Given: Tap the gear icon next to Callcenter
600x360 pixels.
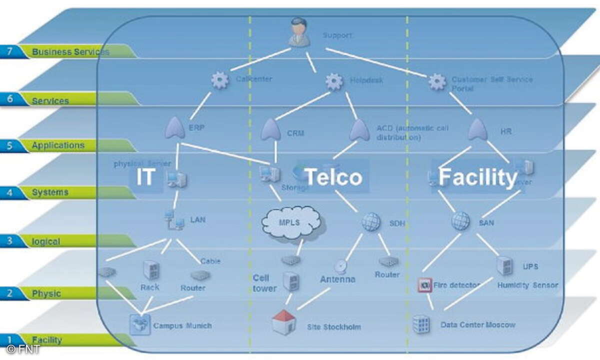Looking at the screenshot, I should (x=220, y=80).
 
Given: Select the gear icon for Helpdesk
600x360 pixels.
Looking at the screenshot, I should (x=334, y=81).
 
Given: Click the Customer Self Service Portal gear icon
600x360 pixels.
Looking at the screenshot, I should (x=437, y=81).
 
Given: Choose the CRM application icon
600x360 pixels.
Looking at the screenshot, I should (x=270, y=130).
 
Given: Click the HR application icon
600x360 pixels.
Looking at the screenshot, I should (x=477, y=130).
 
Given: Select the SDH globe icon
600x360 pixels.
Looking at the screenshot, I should (x=371, y=221).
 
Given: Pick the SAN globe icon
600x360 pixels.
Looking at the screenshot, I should (x=460, y=220).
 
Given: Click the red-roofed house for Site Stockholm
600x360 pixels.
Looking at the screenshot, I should (x=283, y=322).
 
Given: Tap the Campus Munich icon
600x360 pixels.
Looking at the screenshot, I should (x=140, y=324).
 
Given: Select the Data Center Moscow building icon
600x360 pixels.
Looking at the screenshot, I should (x=421, y=324).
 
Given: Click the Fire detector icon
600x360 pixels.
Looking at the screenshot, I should (x=424, y=285).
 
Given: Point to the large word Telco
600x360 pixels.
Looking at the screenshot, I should (x=333, y=177).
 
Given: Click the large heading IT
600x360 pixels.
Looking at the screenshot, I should (x=144, y=177).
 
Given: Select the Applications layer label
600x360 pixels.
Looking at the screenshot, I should (x=58, y=145).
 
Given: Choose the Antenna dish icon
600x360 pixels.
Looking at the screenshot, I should (x=341, y=266).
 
